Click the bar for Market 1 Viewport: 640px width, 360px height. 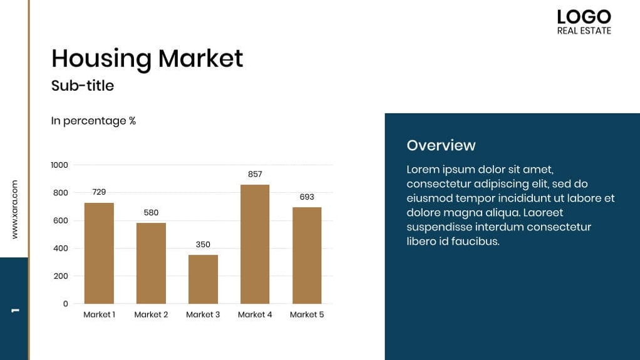click(99, 253)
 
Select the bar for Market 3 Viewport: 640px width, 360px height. click(203, 279)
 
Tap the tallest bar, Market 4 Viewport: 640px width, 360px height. click(255, 244)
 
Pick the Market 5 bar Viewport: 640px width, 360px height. click(307, 255)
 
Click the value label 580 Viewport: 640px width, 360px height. click(151, 213)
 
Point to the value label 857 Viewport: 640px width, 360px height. click(255, 175)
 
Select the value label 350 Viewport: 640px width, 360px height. click(203, 245)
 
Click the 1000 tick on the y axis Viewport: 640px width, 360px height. click(59, 165)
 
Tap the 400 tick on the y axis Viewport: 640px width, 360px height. click(61, 249)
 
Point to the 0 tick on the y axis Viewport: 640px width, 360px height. click(65, 304)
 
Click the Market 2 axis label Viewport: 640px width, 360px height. click(151, 315)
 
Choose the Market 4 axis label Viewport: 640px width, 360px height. click(255, 315)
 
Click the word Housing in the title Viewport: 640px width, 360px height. click(101, 59)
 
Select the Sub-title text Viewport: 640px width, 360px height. click(83, 86)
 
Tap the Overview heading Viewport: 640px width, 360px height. click(441, 145)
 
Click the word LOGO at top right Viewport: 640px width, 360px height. click(584, 17)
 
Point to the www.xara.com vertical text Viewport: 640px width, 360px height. click(14, 209)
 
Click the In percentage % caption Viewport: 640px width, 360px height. click(93, 121)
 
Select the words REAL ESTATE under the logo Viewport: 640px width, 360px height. click(584, 31)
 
